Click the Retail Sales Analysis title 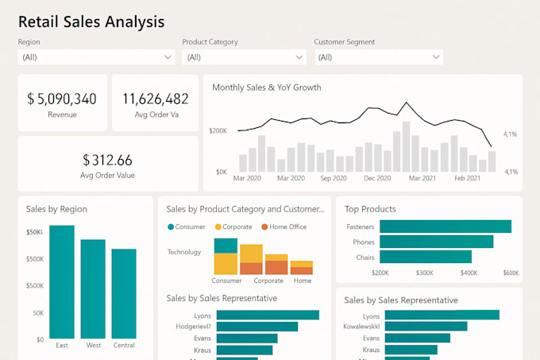click(91, 21)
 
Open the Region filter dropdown click(96, 57)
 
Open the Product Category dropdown click(244, 57)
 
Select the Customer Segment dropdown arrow click(436, 57)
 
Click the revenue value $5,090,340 click(62, 99)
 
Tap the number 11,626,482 click(155, 99)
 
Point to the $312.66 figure click(107, 160)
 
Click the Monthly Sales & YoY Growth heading click(267, 87)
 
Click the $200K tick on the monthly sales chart click(218, 130)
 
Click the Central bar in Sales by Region click(123, 293)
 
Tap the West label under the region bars click(93, 345)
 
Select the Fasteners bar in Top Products click(445, 226)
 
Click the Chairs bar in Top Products click(425, 257)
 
